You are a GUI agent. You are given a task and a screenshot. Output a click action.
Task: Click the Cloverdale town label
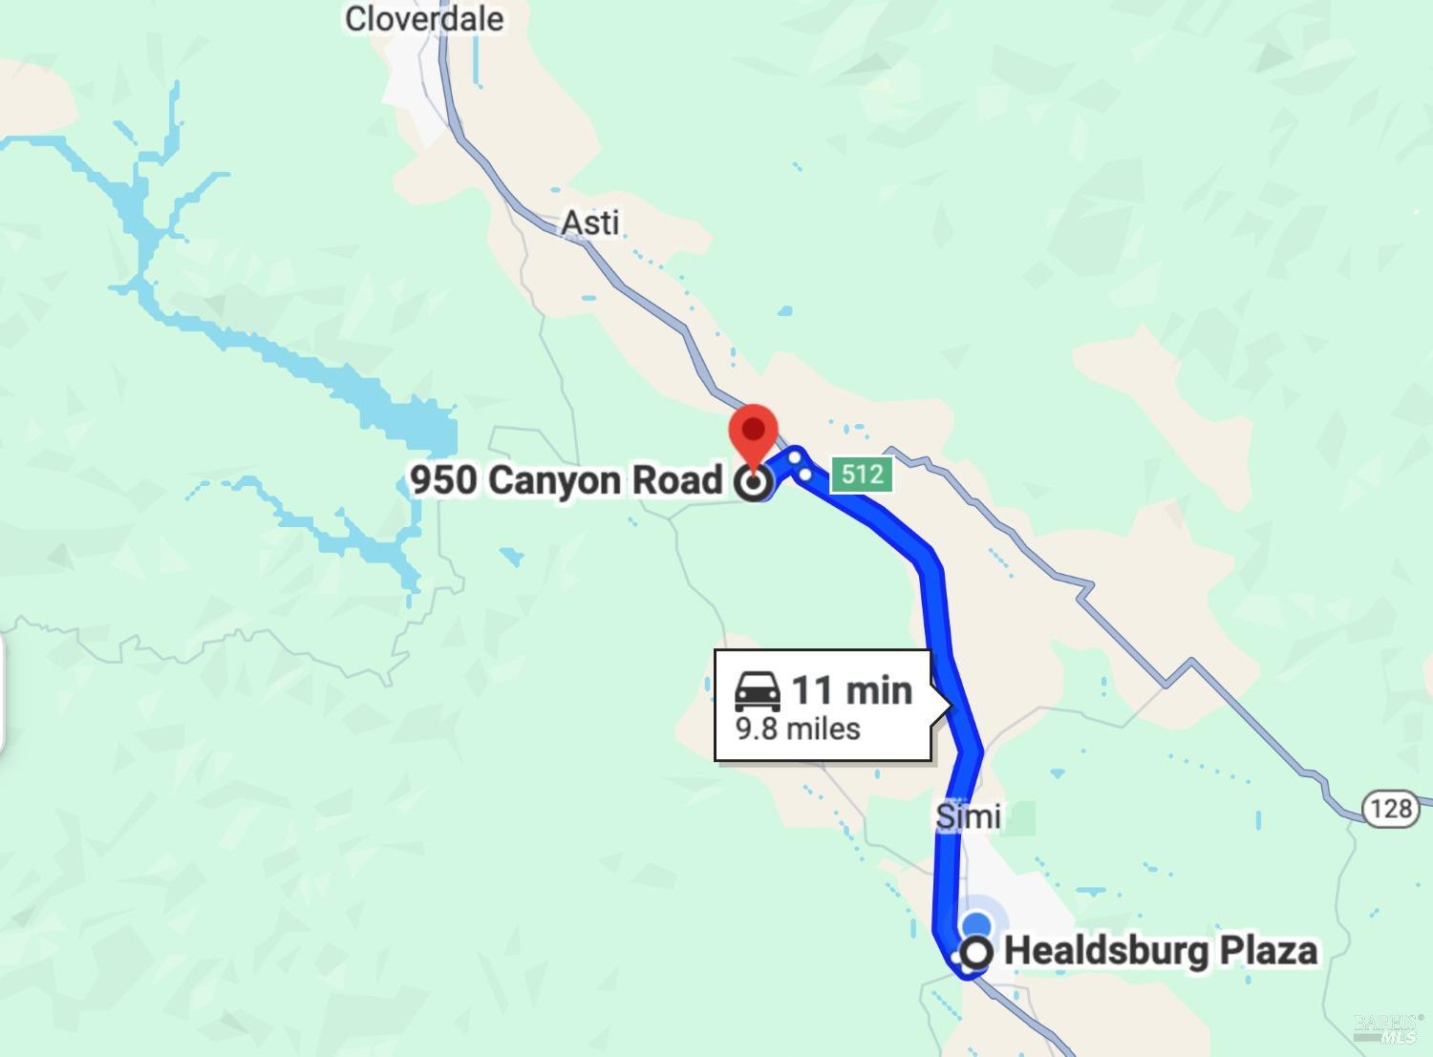[424, 19]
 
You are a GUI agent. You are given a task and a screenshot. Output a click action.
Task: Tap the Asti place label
[590, 222]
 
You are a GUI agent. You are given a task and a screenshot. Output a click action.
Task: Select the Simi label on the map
[969, 816]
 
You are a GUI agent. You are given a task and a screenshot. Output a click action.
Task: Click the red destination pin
[754, 435]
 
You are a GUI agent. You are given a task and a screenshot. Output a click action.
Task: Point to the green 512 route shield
[862, 474]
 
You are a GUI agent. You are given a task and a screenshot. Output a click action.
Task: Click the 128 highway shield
[1390, 809]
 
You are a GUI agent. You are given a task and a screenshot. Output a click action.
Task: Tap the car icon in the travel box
[758, 690]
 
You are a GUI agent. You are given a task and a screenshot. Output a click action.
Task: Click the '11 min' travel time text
[852, 689]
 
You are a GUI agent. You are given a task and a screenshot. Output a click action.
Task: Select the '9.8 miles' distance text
[798, 729]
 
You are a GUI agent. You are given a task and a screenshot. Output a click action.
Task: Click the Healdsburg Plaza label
[1161, 951]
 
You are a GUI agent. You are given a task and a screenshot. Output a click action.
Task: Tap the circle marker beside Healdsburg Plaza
[976, 953]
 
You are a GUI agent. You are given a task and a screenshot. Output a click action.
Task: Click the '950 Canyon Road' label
[567, 479]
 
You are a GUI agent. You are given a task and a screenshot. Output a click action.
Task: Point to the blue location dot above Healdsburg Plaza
[976, 924]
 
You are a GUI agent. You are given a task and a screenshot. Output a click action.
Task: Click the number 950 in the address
[444, 479]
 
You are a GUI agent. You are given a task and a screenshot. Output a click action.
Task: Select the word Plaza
[1270, 951]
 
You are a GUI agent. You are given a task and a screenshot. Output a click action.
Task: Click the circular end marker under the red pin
[754, 483]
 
